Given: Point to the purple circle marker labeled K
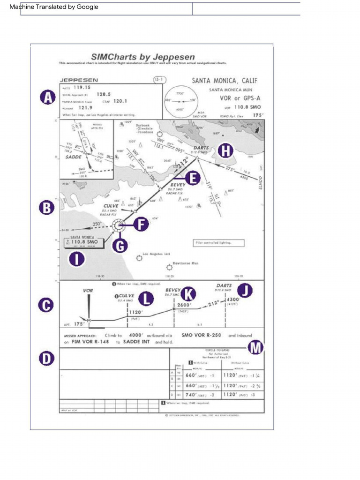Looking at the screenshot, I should [x=189, y=294].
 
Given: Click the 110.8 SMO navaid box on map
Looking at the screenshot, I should [x=84, y=242].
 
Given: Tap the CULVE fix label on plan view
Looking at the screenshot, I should [x=111, y=205].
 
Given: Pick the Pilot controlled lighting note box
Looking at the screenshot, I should [x=219, y=243].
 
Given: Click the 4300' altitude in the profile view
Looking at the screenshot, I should [x=232, y=300].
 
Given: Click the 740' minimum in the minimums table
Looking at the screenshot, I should [x=192, y=395].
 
